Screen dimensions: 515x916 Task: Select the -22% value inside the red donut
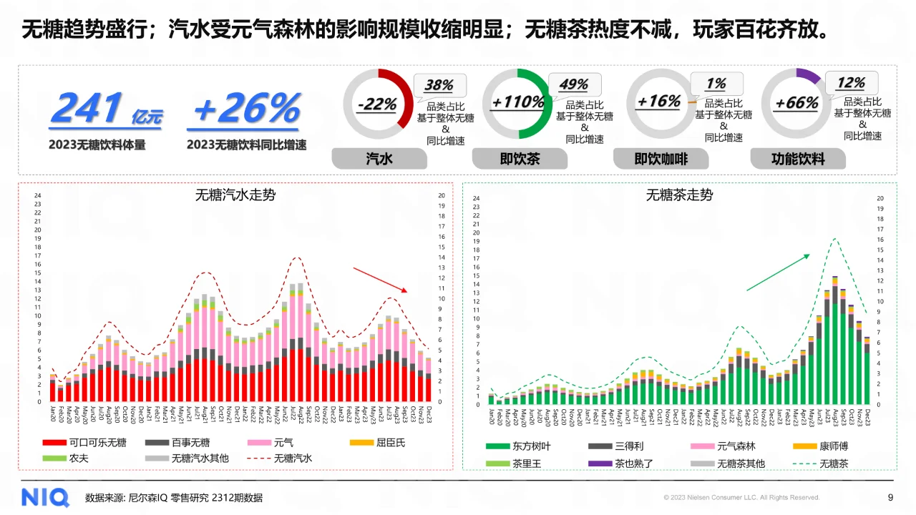pos(376,104)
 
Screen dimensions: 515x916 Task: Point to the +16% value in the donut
pos(658,102)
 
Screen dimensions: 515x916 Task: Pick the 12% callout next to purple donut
pos(851,83)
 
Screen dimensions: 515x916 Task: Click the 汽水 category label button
pos(379,159)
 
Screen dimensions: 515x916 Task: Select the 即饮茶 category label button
pos(520,159)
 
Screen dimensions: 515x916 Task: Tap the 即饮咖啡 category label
pos(660,159)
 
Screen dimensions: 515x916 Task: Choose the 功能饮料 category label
pos(797,159)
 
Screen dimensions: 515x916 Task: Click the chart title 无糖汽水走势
pos(235,194)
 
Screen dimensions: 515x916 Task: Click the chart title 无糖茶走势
pos(679,195)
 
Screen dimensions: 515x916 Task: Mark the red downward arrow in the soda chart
pos(380,280)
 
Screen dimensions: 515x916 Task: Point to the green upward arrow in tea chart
pos(778,272)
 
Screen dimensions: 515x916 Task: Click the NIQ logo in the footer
pos(44,497)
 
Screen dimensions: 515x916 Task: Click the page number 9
pos(890,497)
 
